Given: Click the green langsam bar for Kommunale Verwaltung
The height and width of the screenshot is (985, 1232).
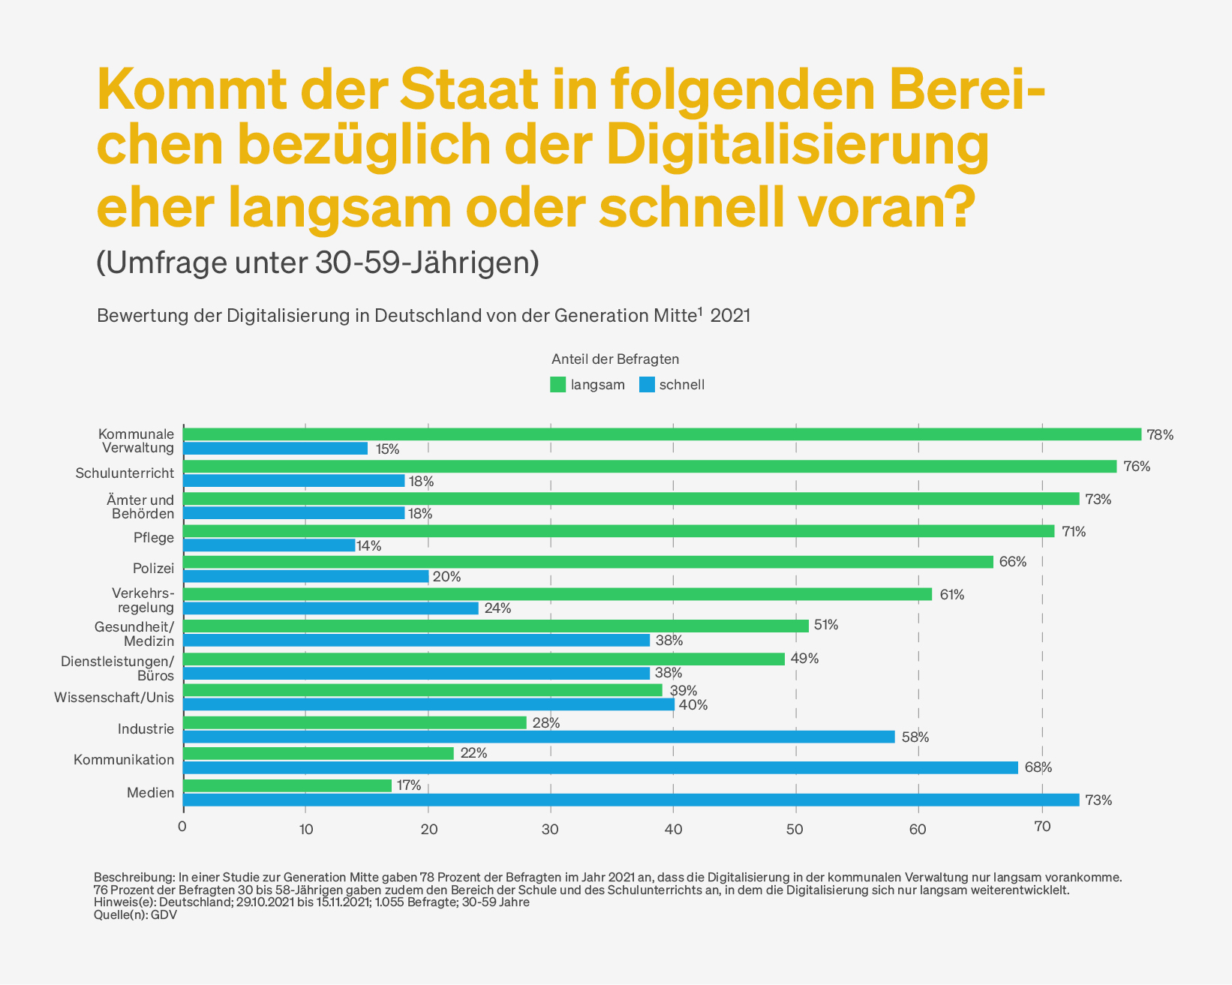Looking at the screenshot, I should (662, 434).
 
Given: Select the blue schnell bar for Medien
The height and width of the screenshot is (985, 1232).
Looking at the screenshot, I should (631, 800).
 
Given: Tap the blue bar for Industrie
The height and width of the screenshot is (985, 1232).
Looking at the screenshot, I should (539, 737).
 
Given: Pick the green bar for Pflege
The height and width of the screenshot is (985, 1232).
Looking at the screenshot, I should (618, 531).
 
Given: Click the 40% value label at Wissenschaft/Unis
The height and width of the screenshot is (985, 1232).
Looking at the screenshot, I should (693, 705).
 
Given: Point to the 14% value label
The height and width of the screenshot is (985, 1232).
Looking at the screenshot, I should (369, 546).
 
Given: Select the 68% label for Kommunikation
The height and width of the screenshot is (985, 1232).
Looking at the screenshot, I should (1038, 767).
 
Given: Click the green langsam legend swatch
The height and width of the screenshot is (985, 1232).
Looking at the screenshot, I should (557, 385).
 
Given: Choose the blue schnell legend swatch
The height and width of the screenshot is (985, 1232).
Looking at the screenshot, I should (647, 385).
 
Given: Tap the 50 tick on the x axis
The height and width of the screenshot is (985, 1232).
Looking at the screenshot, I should (795, 829).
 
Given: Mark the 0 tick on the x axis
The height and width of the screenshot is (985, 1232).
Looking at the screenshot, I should (182, 827).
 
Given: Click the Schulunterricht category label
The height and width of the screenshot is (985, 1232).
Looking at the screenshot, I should (125, 473).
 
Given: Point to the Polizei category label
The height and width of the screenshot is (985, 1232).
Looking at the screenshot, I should (153, 569).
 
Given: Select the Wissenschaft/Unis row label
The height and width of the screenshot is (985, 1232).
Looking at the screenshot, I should (114, 698).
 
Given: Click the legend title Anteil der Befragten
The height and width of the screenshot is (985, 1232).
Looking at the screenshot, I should (615, 359).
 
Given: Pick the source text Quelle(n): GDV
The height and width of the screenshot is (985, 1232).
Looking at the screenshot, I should (135, 915).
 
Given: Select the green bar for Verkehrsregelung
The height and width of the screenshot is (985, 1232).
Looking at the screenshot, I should (557, 594).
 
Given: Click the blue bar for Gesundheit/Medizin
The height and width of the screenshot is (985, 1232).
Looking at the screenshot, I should (416, 641).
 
